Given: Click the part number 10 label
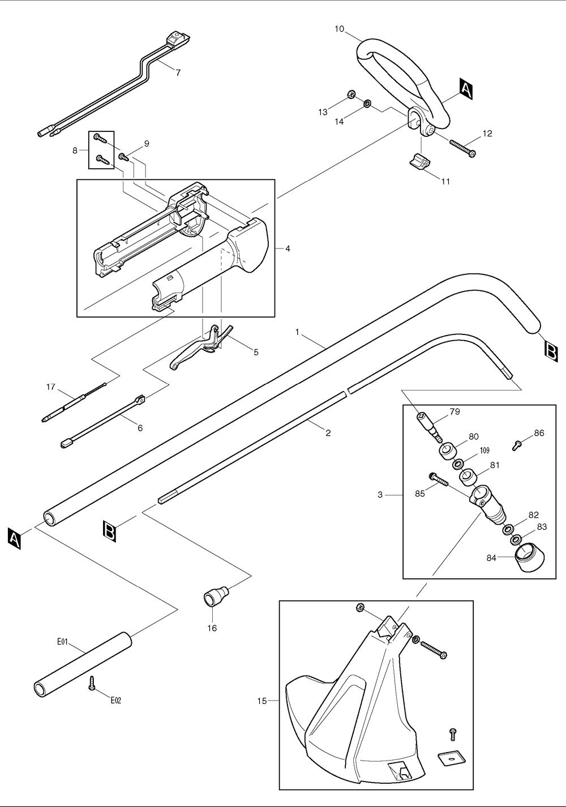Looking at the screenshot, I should click(x=339, y=29).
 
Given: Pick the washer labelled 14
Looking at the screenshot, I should click(x=367, y=104).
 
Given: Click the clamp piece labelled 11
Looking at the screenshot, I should click(x=419, y=161).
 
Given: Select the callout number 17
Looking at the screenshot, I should click(x=51, y=387).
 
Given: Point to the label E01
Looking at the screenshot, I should click(x=62, y=642).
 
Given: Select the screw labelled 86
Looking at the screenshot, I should click(x=516, y=445).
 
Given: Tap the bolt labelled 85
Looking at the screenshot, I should click(x=438, y=480).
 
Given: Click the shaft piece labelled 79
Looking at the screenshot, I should click(x=430, y=428).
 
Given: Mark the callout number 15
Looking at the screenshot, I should click(x=261, y=701).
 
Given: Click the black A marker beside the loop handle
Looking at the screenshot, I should click(x=465, y=89).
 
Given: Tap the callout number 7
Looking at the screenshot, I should click(x=178, y=72).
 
